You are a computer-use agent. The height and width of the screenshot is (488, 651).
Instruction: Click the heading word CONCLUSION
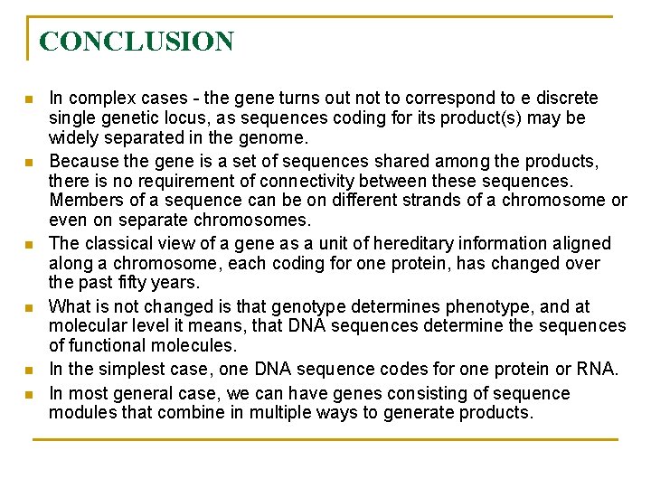137,42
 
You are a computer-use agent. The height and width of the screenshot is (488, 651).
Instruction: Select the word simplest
118,369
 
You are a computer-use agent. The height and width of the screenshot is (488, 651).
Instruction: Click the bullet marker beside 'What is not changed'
30,307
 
